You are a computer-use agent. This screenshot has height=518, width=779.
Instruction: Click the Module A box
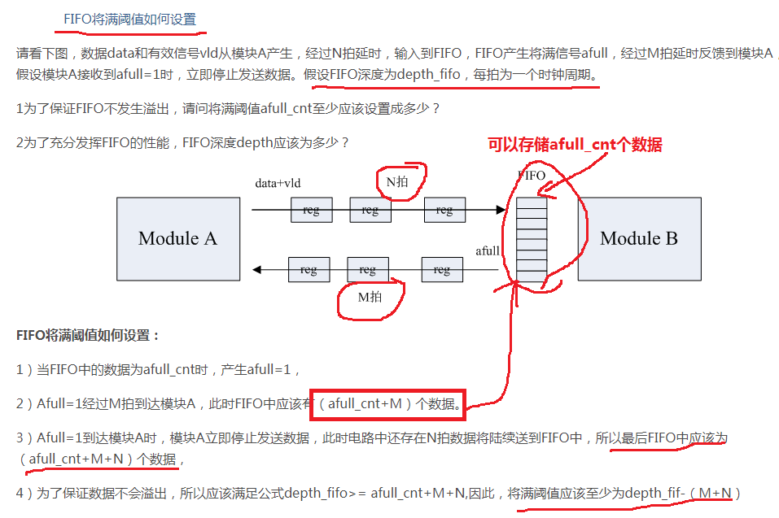pyautogui.click(x=178, y=239)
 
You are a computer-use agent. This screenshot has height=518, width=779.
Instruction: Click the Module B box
pyautogui.click(x=639, y=239)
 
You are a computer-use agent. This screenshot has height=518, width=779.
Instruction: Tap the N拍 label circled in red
pyautogui.click(x=397, y=181)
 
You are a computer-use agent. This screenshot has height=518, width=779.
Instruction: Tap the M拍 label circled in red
pyautogui.click(x=370, y=297)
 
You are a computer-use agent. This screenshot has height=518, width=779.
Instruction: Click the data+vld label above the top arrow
pyautogui.click(x=278, y=183)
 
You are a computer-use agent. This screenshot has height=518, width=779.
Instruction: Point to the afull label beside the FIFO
pyautogui.click(x=488, y=251)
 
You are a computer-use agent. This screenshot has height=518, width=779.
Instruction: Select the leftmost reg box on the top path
pyautogui.click(x=312, y=210)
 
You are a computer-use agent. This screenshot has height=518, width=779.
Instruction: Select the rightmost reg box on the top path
pyautogui.click(x=444, y=210)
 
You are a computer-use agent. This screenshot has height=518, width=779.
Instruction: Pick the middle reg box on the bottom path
pyautogui.click(x=368, y=269)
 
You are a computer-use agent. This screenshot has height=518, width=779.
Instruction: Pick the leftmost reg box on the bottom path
pyautogui.click(x=309, y=269)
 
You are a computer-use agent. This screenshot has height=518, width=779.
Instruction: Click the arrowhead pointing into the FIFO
pyautogui.click(x=501, y=210)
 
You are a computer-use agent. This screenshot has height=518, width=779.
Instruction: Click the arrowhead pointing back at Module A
pyautogui.click(x=257, y=269)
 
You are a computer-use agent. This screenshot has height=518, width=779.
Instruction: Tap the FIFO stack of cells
pyautogui.click(x=532, y=240)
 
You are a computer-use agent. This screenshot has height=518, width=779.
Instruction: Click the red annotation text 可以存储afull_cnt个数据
pyautogui.click(x=575, y=145)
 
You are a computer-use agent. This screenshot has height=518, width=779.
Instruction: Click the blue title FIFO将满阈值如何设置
pyautogui.click(x=130, y=20)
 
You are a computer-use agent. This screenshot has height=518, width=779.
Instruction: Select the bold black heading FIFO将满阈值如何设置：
pyautogui.click(x=88, y=335)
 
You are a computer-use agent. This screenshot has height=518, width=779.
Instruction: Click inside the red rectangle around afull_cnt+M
pyautogui.click(x=388, y=404)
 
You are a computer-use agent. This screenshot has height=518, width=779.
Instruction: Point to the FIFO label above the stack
pyautogui.click(x=532, y=175)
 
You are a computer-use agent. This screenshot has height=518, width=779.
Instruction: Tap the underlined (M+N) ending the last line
pyautogui.click(x=715, y=493)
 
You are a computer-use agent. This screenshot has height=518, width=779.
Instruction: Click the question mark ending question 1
pyautogui.click(x=435, y=109)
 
